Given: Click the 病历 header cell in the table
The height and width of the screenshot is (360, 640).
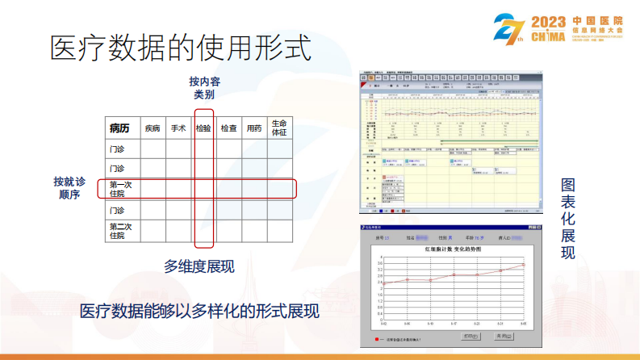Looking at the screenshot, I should [119, 128].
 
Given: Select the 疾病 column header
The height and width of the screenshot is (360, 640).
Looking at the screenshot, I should [153, 128].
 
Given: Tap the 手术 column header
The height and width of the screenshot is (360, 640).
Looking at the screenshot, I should [178, 128].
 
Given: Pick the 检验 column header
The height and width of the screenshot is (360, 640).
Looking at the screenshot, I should [203, 128].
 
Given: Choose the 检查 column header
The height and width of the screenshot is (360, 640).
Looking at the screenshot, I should [228, 128].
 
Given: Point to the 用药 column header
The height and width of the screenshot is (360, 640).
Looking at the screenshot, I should [254, 128].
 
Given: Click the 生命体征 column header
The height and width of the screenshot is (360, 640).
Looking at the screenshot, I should [279, 128].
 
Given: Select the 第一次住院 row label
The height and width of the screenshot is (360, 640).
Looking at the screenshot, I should [119, 189].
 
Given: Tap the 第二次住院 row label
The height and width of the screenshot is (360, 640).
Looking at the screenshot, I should [119, 231].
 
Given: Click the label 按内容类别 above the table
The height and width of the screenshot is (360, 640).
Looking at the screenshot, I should [204, 88].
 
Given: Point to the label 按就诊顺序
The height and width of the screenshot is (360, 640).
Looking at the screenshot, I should [70, 188].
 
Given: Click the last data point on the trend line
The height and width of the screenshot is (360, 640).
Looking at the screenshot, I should [523, 265].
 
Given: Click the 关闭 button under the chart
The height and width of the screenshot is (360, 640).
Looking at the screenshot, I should [504, 335].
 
